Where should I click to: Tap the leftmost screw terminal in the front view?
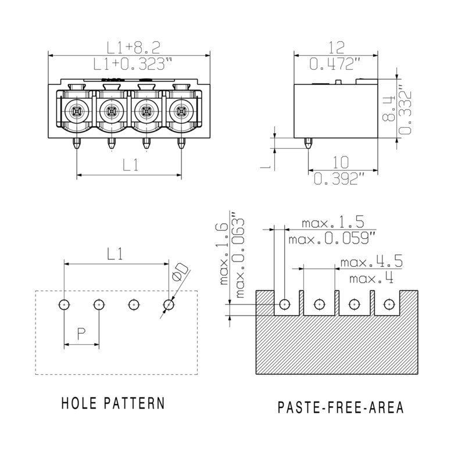pos(76,109)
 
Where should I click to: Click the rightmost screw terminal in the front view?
pos(181,109)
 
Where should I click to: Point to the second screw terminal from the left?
pos(111,109)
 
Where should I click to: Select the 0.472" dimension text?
pos(336,63)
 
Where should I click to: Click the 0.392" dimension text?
pos(343,179)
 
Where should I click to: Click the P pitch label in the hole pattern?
pos(81,333)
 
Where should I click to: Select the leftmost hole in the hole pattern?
pos(64,304)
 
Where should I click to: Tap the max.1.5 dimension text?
pos(332,223)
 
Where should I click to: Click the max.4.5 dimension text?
pos(371,262)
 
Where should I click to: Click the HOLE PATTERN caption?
pos(113,403)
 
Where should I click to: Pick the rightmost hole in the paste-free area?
pos(388,304)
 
